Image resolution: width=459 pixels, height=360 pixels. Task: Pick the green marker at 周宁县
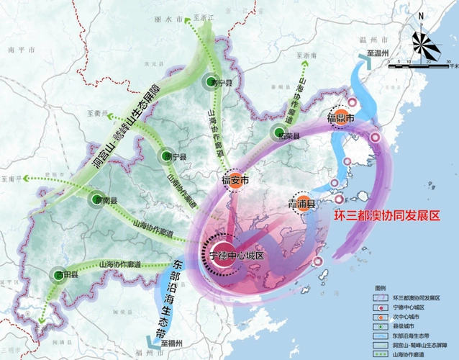coord(163,156)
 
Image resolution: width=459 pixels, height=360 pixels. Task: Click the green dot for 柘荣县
coord(279,132)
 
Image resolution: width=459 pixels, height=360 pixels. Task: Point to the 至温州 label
coord(378,53)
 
